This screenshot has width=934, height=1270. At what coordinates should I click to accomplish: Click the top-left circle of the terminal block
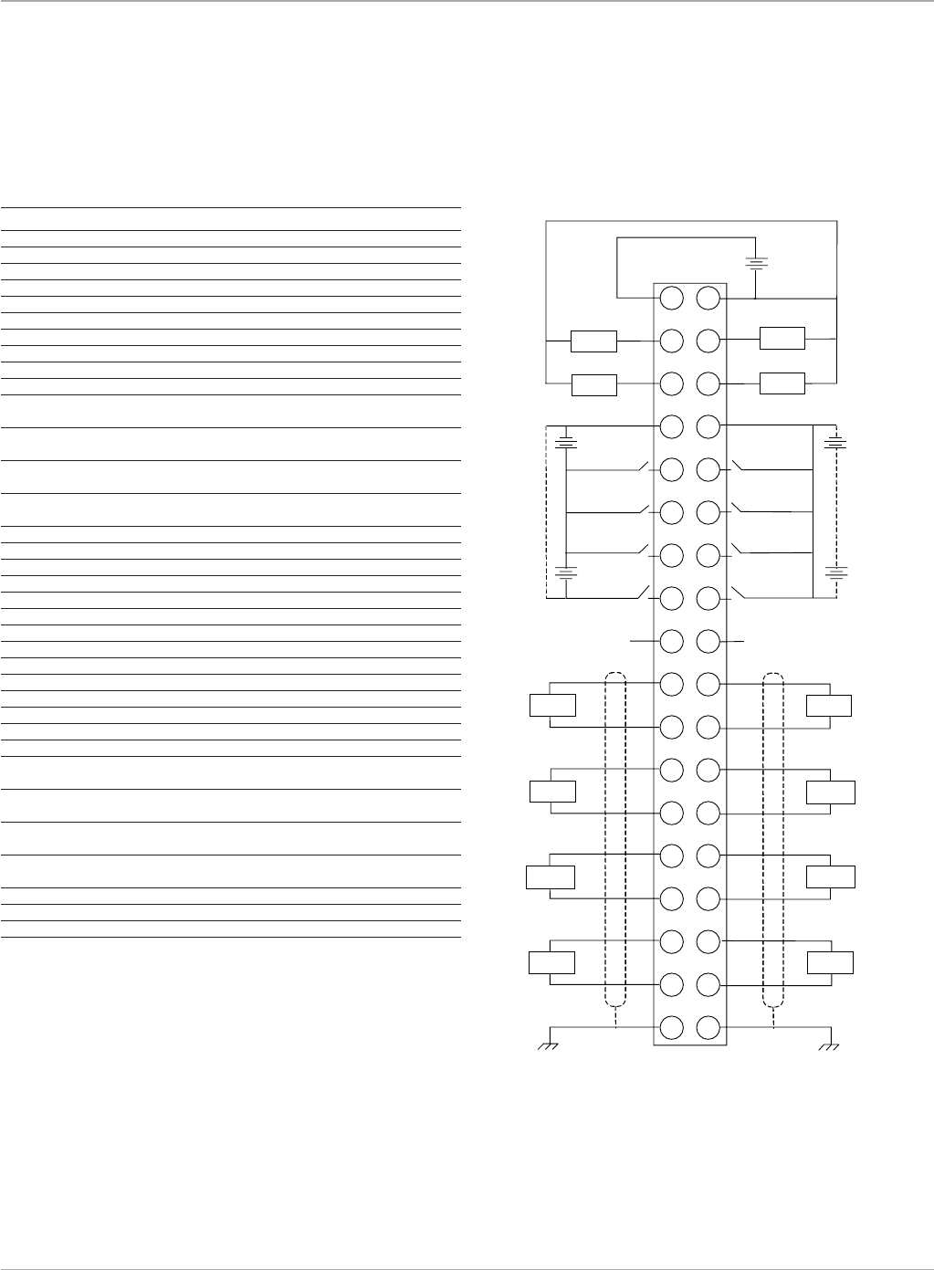[x=671, y=298]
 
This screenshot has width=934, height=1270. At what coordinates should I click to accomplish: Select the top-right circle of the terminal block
[x=708, y=298]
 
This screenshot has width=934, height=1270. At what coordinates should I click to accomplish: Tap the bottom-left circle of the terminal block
[x=671, y=1027]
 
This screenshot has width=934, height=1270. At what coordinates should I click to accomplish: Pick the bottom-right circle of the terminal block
[x=708, y=1027]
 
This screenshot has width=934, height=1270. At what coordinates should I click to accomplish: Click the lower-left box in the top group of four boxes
[x=593, y=385]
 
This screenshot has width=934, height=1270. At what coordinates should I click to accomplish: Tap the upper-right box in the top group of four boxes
[x=782, y=339]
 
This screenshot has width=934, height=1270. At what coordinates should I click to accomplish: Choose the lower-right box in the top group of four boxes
[x=782, y=383]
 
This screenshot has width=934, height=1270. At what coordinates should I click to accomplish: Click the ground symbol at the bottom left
[x=548, y=1045]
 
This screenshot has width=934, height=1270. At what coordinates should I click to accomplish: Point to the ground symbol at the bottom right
[x=829, y=1045]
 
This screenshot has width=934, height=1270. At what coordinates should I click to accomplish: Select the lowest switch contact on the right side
[x=736, y=596]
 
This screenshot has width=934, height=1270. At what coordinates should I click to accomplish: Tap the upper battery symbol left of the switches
[x=567, y=445]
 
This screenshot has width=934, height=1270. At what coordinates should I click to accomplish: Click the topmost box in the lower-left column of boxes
[x=553, y=706]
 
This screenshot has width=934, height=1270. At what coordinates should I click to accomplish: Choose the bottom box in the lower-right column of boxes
[x=830, y=962]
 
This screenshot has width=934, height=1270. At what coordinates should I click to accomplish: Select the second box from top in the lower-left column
[x=552, y=791]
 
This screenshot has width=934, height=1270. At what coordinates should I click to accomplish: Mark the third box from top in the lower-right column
[x=831, y=876]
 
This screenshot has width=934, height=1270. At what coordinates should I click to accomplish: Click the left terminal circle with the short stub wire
[x=671, y=641]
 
